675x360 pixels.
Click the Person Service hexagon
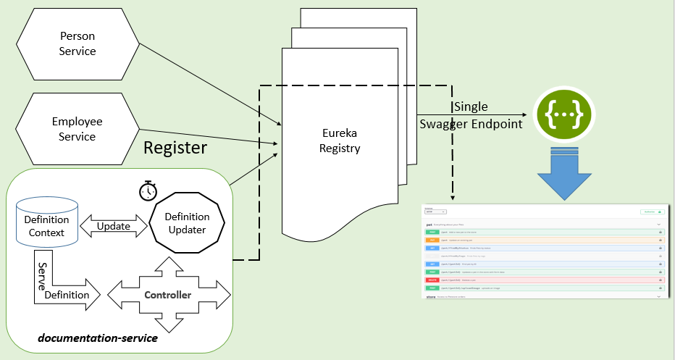click(77, 43)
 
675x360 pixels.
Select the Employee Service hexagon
click(77, 129)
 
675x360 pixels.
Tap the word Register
click(175, 148)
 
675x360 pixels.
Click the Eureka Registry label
click(341, 141)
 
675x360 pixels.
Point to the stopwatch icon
click(148, 191)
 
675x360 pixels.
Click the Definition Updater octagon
click(187, 223)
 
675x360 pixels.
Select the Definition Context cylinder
click(46, 225)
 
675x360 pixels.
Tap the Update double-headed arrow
click(113, 226)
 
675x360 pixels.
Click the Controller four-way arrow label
click(168, 295)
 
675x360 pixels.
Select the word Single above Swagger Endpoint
click(471, 107)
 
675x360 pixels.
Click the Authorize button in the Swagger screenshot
click(652, 212)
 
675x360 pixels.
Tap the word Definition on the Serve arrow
click(67, 295)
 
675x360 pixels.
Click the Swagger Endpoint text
click(471, 124)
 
